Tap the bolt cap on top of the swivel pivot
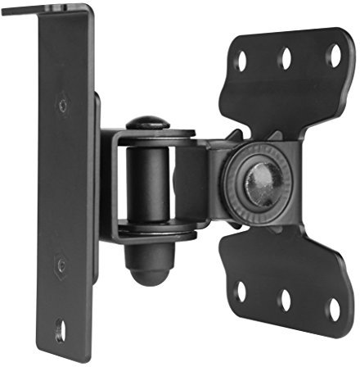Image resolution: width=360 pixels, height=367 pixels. point(147,122)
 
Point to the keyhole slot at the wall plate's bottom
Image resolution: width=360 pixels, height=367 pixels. point(59,332)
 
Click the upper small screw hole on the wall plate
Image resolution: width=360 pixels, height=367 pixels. point(63,105)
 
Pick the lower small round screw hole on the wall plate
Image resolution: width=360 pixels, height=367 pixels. point(61,265)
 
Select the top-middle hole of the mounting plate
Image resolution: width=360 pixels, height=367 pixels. point(287,57)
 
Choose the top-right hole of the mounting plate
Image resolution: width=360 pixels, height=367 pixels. point(333,55)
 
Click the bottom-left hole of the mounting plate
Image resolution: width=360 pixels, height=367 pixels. point(241,291)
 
